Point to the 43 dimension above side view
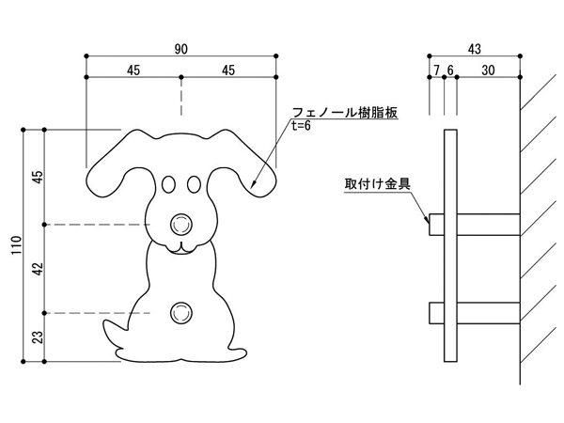point(475,46)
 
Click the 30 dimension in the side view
point(488,70)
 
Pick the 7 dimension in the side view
point(436,70)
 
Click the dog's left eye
point(168,182)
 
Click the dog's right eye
point(195,182)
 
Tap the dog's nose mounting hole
point(181,224)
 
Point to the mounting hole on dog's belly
point(181,311)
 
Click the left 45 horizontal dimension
point(133,70)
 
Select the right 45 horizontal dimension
point(228,70)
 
